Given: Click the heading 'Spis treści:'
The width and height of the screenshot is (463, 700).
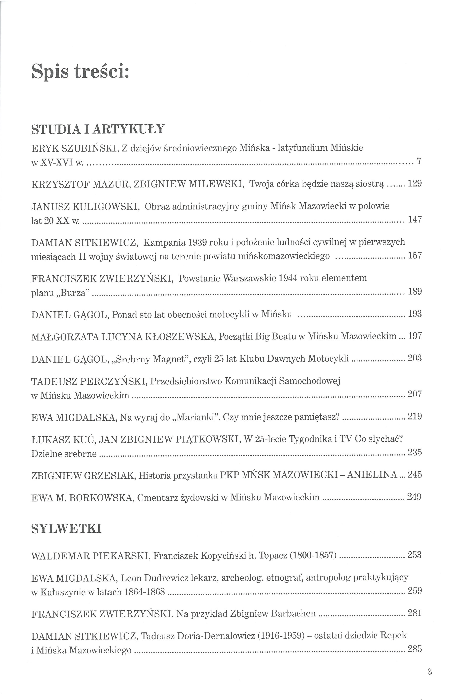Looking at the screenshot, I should tap(80, 72).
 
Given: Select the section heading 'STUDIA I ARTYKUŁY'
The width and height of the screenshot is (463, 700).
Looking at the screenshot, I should tap(97, 129).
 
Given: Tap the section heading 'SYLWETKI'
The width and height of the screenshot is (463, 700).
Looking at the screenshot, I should tap(66, 529).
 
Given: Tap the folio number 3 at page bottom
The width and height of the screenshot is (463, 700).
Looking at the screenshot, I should tap(429, 672).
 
